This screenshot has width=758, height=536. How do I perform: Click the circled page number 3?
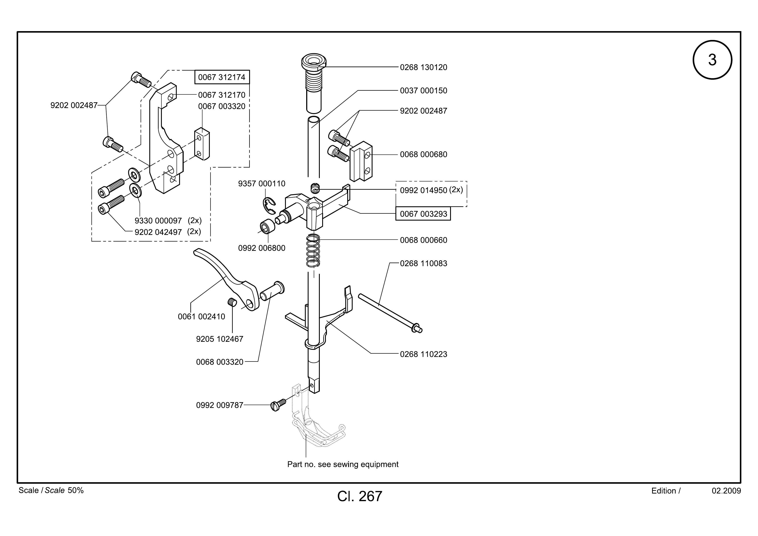712,60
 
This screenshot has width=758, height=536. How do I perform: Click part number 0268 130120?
424,67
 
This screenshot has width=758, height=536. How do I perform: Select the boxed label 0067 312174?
222,77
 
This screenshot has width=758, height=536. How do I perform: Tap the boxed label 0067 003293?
423,214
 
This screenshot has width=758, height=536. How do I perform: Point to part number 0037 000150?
424,91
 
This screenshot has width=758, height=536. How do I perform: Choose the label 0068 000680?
424,154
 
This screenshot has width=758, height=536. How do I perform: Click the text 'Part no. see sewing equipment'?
343,464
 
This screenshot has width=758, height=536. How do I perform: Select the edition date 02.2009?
726,491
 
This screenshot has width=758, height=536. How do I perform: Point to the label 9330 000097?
158,221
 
